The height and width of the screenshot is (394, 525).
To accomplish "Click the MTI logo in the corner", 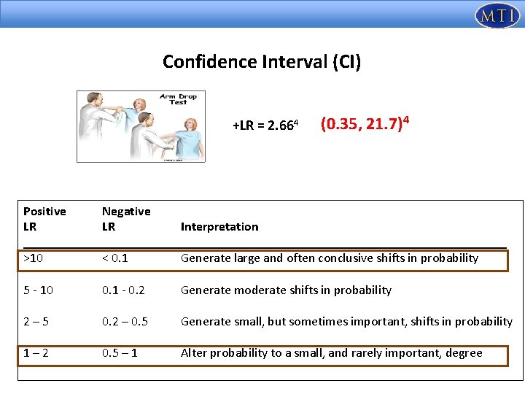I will coord(497,15).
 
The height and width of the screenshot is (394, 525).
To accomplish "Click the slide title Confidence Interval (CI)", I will coord(262,62).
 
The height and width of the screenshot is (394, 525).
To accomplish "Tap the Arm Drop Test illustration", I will coord(141,126).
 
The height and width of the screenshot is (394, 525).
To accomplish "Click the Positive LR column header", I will coord(44,219).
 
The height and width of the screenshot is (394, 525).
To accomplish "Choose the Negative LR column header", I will coord(126,219).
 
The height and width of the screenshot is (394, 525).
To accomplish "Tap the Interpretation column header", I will coord(219,227).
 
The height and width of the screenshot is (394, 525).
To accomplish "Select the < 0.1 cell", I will coord(116,258).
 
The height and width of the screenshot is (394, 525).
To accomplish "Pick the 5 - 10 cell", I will coord(38,290).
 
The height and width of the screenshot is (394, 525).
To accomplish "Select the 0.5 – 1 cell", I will coord(121,353).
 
